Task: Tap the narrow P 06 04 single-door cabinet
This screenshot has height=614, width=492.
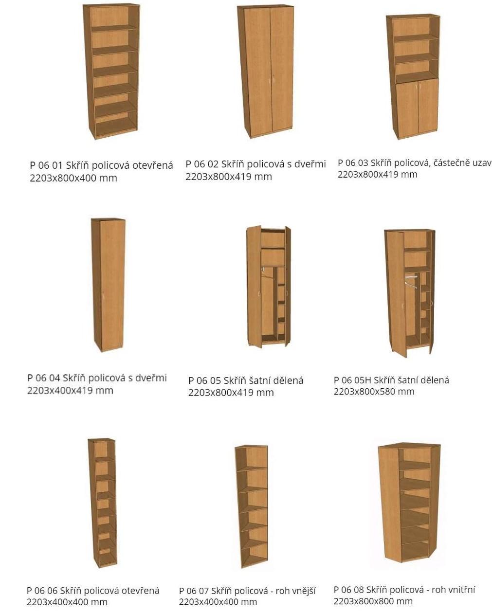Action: [x=109, y=285]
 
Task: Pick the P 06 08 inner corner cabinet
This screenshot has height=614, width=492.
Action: [x=409, y=506]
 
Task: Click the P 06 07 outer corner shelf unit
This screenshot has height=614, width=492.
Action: [x=252, y=506]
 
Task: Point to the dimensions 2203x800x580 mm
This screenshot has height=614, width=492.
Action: [x=374, y=392]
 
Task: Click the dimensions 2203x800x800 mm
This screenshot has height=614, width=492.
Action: [x=373, y=601]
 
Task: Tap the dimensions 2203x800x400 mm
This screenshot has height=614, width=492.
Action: [x=73, y=178]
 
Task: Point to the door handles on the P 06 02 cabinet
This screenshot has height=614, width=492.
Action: [x=272, y=78]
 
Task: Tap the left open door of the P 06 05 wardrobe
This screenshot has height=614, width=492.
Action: [x=254, y=287]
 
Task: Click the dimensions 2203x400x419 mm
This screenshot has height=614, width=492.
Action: [x=70, y=390]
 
